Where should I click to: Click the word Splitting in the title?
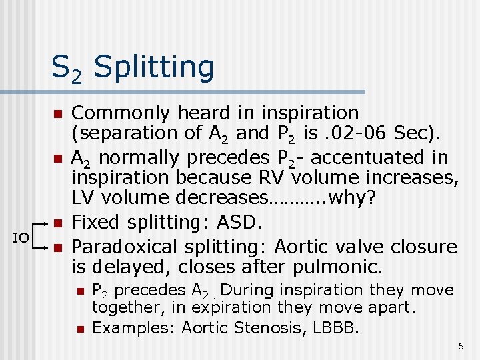click(x=155, y=67)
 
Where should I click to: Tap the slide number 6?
click(x=460, y=346)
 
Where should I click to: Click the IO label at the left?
click(x=22, y=237)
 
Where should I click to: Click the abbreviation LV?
click(x=83, y=197)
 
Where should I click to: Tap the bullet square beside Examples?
click(x=79, y=328)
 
